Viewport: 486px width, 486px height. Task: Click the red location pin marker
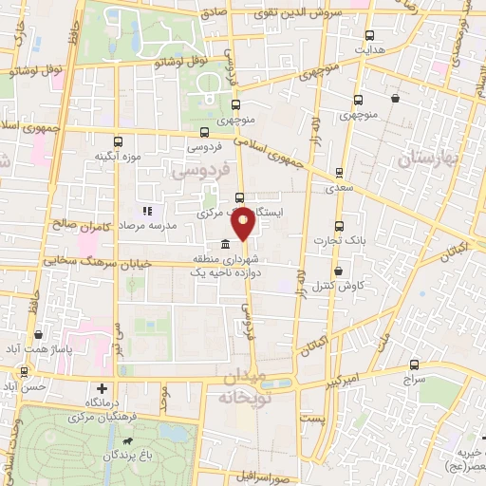[243, 222]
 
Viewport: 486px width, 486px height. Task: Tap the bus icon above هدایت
[359, 31]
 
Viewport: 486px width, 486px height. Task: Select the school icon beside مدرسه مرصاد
[146, 211]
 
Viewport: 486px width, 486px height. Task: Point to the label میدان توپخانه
[251, 383]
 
